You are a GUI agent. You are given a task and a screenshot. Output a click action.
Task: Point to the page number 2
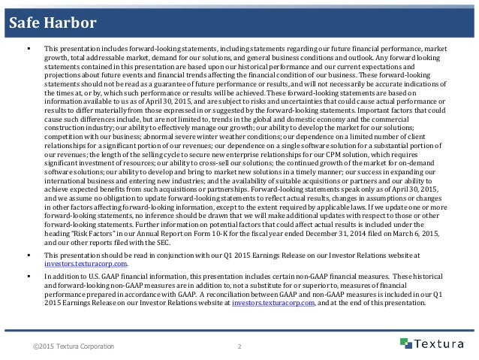click(x=238, y=346)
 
